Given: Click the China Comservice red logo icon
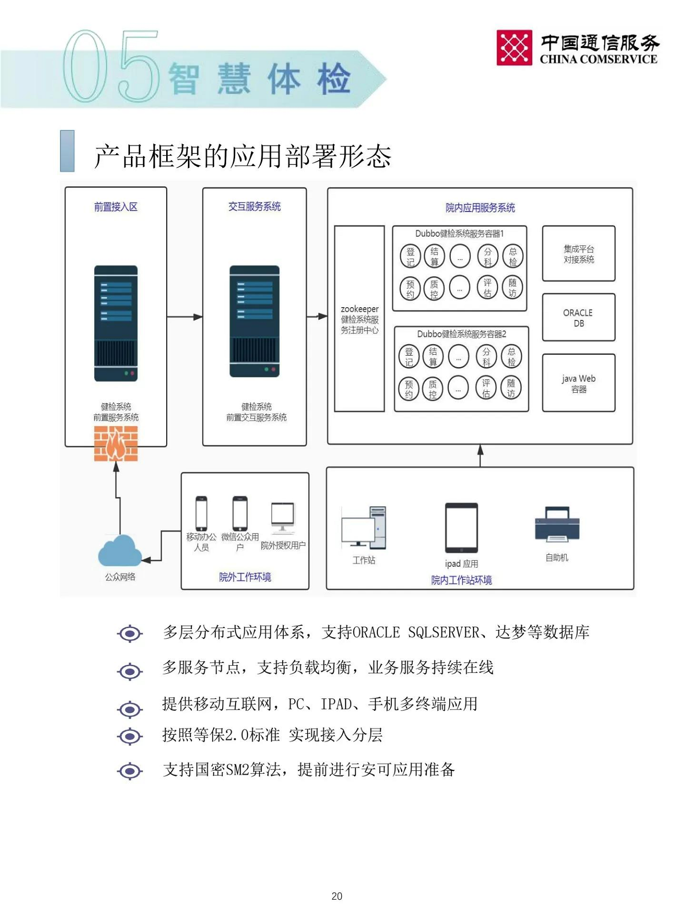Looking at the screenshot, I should click(x=514, y=48).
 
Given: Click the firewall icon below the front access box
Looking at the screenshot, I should click(x=116, y=443).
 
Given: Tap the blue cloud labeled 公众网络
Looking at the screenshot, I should click(x=120, y=551).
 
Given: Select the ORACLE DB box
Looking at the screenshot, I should click(x=578, y=318).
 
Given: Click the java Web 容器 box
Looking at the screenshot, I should click(x=578, y=383).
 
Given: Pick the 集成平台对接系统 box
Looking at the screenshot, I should click(x=578, y=254).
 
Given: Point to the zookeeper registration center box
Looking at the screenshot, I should click(x=359, y=319).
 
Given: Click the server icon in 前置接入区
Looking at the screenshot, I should click(x=116, y=323).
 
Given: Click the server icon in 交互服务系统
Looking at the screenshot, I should click(x=254, y=322).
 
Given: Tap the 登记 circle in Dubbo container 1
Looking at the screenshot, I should click(x=410, y=256).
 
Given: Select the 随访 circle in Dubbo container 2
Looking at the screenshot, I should click(x=511, y=388).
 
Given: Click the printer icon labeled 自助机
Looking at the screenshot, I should click(x=557, y=525).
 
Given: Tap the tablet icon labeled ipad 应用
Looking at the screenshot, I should click(x=461, y=528).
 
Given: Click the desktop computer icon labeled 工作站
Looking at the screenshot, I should click(x=364, y=528).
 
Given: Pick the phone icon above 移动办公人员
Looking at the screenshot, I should click(x=201, y=513).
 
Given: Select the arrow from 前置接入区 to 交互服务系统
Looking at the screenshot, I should click(x=184, y=317).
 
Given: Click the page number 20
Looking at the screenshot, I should click(x=337, y=896).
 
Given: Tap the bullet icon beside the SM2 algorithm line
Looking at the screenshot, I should click(x=130, y=771).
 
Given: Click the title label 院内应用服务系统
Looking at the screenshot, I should click(x=480, y=208).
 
